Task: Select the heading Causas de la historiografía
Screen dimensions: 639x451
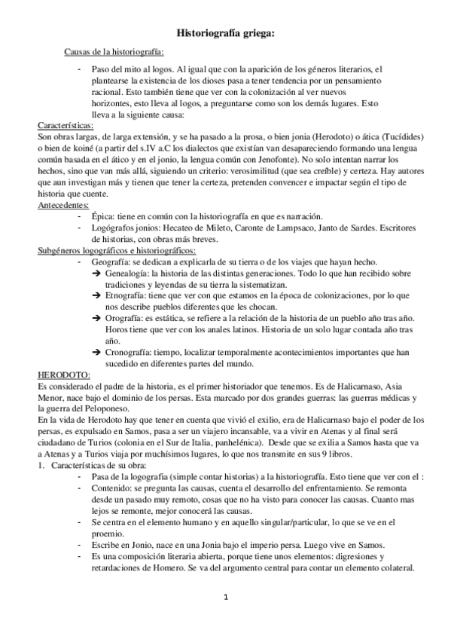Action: [114, 52]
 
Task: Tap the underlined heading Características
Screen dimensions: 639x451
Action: [66, 125]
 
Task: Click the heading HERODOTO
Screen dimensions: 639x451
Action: [64, 375]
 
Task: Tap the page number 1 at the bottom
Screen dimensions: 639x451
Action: [224, 598]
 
